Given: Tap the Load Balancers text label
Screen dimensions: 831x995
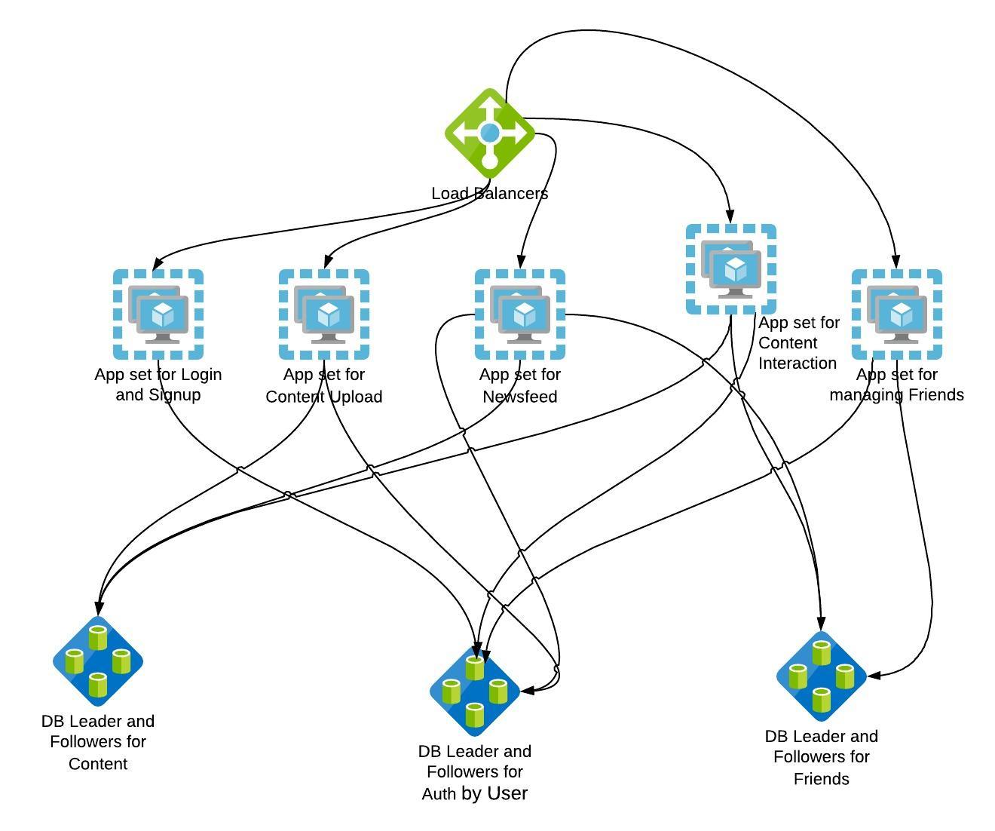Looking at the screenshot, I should [489, 194].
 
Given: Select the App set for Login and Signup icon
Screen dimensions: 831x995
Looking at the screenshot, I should [158, 314].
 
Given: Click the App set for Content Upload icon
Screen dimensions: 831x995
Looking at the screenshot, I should [324, 314].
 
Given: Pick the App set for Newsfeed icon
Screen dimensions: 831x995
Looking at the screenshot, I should [520, 314].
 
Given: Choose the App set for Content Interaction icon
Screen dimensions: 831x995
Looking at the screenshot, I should [731, 269].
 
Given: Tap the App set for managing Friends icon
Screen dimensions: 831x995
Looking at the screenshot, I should [897, 314].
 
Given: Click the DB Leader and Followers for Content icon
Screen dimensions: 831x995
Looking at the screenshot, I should [98, 661].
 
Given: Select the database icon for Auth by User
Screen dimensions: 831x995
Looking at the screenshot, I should [475, 691].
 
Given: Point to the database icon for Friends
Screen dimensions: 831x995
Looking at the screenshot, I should [822, 676].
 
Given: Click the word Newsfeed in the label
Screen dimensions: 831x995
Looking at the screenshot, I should [520, 397].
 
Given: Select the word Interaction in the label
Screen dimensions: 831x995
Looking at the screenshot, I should [797, 363].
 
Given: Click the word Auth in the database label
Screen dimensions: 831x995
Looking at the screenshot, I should [438, 794].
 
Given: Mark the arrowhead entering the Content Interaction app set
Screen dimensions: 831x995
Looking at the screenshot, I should [730, 217].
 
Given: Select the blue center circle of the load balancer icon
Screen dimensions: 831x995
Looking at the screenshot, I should [490, 133].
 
